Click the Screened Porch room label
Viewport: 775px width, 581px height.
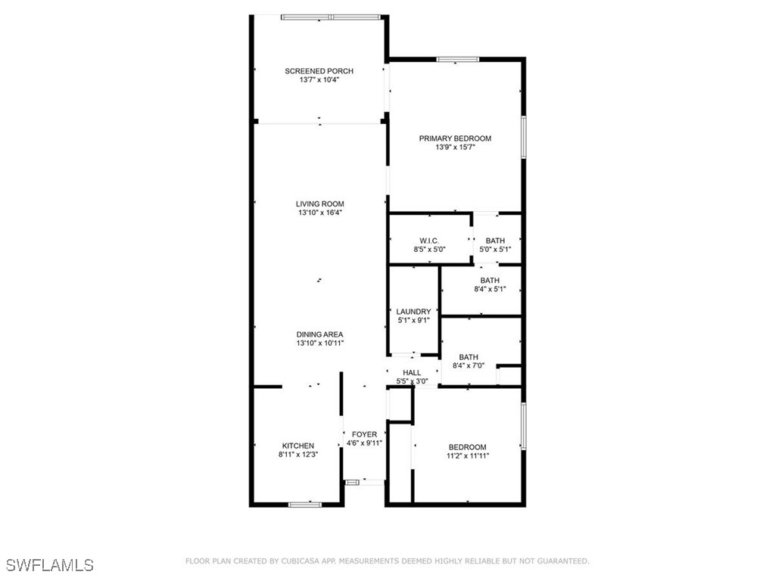[x=319, y=71]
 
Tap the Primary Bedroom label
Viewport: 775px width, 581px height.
[x=455, y=138]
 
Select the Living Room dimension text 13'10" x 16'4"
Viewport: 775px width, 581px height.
[x=320, y=213]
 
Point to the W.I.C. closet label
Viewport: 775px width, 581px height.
[x=430, y=241]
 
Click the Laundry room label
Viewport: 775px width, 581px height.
[x=414, y=312]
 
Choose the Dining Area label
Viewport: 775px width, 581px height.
[x=320, y=334]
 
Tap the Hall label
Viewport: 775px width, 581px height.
[x=412, y=372]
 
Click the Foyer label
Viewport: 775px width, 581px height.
[x=364, y=434]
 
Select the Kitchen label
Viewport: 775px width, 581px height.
[x=298, y=446]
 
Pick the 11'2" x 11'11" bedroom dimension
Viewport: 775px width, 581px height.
[x=468, y=456]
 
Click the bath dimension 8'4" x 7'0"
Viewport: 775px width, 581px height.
[x=468, y=366]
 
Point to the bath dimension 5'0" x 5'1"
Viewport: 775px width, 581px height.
[x=495, y=250]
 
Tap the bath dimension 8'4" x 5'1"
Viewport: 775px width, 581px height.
[x=490, y=289]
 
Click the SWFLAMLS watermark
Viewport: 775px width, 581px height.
[x=51, y=565]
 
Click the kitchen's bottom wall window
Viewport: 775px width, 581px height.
[x=305, y=505]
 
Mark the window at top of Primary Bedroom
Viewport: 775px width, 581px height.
[x=458, y=59]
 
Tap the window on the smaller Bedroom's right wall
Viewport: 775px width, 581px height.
[x=524, y=426]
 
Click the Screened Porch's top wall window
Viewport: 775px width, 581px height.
[x=331, y=17]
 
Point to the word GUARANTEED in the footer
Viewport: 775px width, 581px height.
[x=563, y=561]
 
